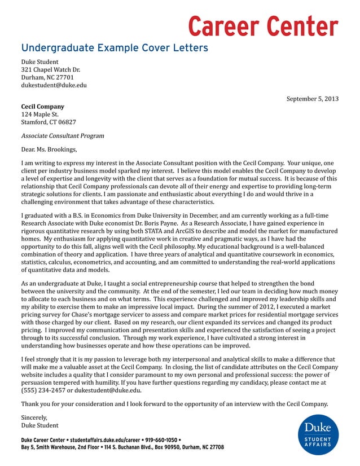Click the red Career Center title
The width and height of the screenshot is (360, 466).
pos(262,26)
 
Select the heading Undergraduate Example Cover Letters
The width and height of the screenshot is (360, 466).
pos(115,47)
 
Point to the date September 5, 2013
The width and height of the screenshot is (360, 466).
pos(312,99)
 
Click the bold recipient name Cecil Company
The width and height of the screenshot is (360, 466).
pos(42,106)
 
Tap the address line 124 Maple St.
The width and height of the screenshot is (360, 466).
pos(39,114)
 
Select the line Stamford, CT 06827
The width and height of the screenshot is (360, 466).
pos(49,122)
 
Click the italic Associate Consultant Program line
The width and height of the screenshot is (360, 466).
pos(62,136)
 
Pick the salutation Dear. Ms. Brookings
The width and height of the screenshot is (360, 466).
pos(49,150)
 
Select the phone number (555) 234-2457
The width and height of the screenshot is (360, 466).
pos(47,390)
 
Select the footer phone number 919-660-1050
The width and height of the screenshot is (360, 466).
pos(161,439)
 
